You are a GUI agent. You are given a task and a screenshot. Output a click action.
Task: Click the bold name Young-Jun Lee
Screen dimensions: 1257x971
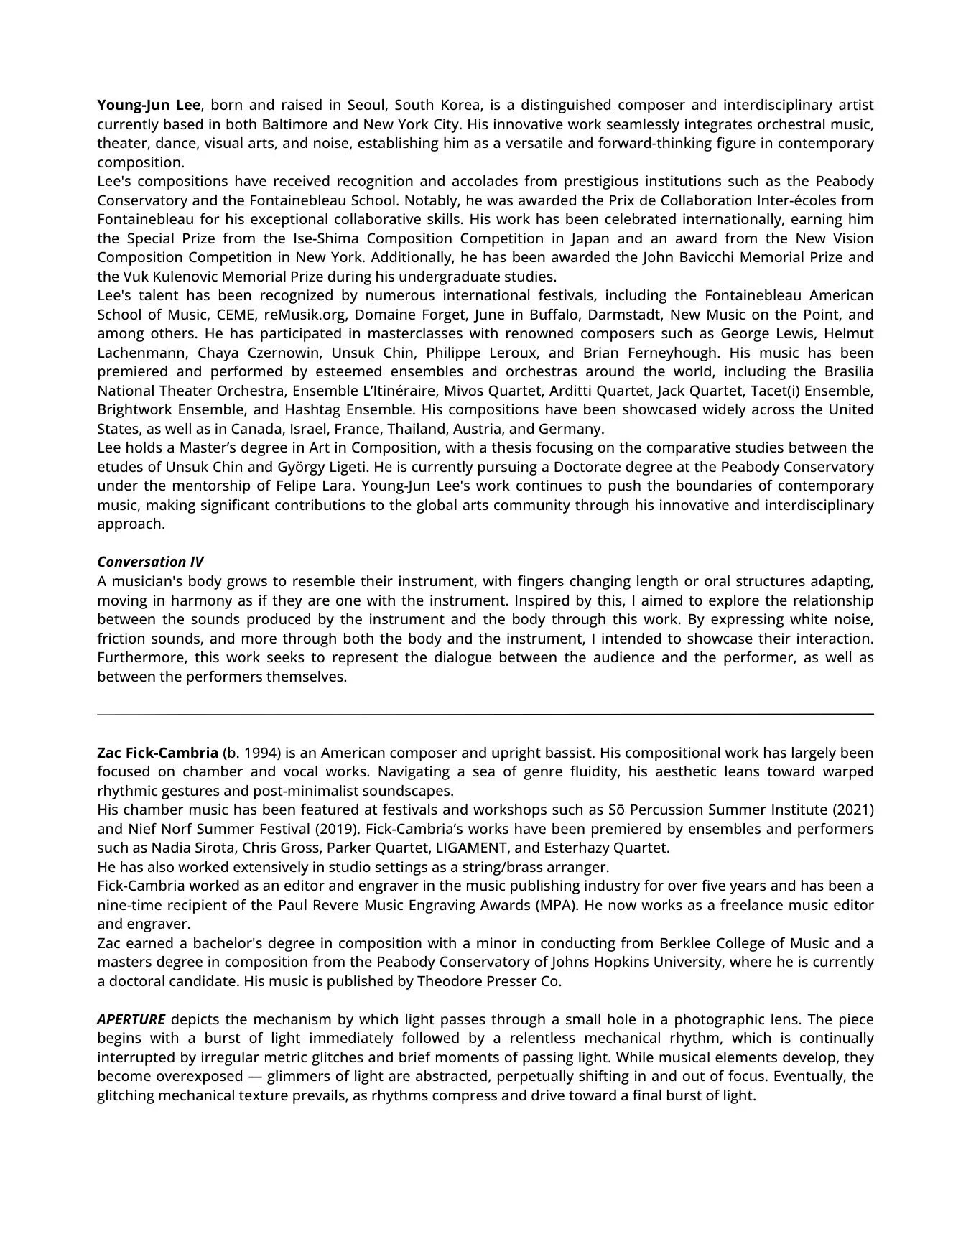[149, 105]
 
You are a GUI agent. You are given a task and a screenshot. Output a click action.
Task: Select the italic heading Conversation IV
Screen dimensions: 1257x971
[150, 562]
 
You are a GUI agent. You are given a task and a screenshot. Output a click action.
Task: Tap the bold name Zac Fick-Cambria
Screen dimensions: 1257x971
[157, 753]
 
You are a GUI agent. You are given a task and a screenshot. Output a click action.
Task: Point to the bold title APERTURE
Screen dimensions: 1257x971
[131, 1019]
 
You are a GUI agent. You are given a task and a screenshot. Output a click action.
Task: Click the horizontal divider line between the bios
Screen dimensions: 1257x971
[485, 714]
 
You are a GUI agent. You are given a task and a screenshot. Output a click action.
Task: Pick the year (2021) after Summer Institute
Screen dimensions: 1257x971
[852, 810]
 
